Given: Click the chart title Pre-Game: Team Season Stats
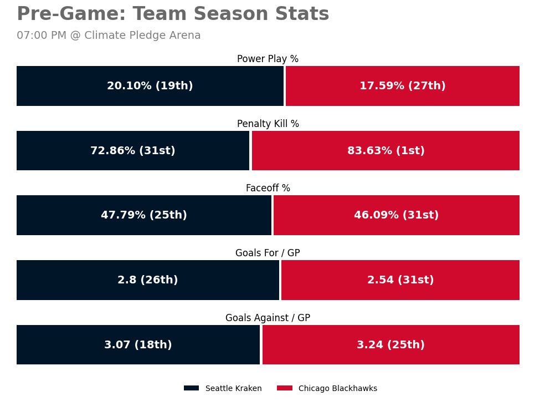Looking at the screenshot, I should click(173, 14).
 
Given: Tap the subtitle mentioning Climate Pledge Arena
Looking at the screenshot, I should click(109, 35).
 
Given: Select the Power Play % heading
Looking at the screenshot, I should click(268, 59).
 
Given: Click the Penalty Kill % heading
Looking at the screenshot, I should click(268, 124).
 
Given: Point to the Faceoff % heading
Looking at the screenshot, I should click(268, 188).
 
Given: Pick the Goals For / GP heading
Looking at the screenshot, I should click(268, 253).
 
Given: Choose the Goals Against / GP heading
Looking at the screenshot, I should click(268, 318).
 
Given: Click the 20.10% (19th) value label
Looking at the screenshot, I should click(150, 86).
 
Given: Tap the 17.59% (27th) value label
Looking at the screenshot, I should click(402, 86).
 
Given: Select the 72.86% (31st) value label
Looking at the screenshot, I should click(132, 151).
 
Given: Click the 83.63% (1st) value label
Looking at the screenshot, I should click(385, 151).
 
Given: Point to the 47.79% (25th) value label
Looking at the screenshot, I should click(143, 215).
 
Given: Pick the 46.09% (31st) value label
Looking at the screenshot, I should click(396, 215).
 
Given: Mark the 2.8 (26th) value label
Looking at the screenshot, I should click(147, 280).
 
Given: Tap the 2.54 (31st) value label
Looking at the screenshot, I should click(400, 280).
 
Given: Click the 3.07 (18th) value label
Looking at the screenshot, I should click(138, 345).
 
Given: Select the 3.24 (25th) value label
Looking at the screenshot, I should click(390, 345).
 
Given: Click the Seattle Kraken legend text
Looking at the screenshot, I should click(233, 388).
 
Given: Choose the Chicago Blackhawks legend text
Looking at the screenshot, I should click(337, 388).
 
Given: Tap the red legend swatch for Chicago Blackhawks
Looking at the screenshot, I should click(284, 388).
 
